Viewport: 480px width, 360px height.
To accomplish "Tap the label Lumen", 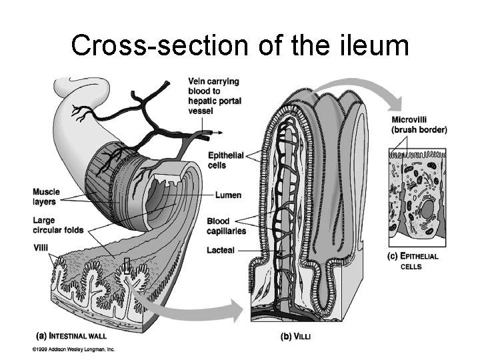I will pyautogui.click(x=229, y=195).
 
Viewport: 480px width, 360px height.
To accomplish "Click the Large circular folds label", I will pyautogui.click(x=58, y=225).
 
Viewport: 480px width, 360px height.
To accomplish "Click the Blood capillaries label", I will pyautogui.click(x=227, y=226).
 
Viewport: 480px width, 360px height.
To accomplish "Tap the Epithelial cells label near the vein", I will pyautogui.click(x=226, y=161).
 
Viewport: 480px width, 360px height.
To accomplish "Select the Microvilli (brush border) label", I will pyautogui.click(x=419, y=125).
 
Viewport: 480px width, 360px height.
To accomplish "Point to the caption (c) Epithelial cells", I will pyautogui.click(x=413, y=260).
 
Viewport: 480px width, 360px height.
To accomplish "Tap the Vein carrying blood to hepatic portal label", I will pyautogui.click(x=215, y=96).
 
